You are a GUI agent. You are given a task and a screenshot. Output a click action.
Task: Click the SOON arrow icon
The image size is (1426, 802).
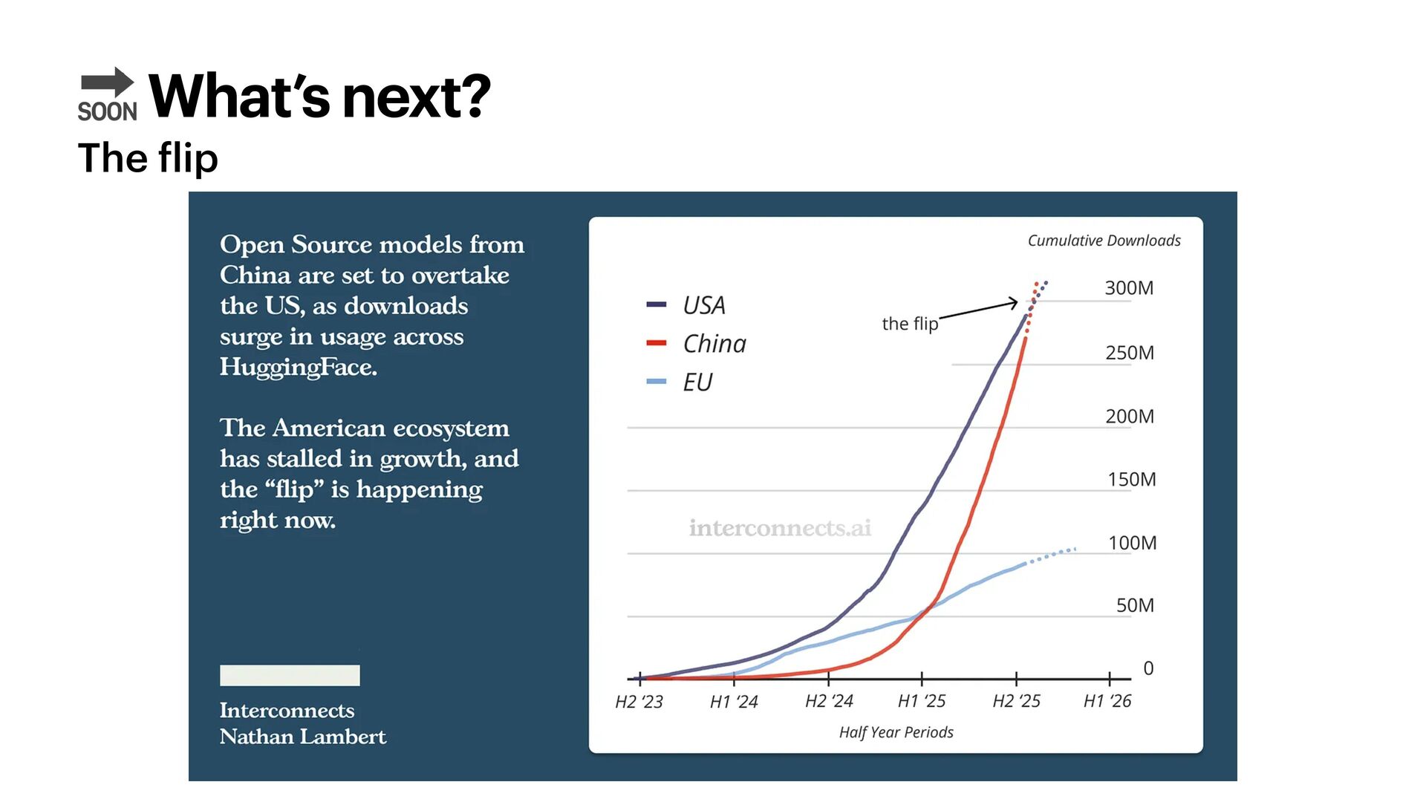(x=108, y=94)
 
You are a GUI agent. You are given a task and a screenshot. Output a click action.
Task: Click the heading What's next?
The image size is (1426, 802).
(x=319, y=97)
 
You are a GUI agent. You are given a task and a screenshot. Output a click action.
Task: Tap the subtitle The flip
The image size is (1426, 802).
(x=148, y=158)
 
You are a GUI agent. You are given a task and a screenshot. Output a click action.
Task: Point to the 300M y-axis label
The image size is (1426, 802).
(x=1128, y=288)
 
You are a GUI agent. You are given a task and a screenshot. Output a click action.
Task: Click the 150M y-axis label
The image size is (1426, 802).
(x=1131, y=480)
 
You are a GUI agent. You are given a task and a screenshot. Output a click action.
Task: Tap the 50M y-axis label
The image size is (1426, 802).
(x=1135, y=606)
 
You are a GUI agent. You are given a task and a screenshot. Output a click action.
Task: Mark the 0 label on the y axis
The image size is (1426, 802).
(x=1148, y=668)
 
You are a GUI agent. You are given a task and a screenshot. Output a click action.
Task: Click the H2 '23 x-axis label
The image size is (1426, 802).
(x=639, y=702)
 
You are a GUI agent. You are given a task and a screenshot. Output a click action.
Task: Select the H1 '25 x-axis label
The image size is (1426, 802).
(x=921, y=701)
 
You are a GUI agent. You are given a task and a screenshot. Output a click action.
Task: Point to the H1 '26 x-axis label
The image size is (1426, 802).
(x=1107, y=701)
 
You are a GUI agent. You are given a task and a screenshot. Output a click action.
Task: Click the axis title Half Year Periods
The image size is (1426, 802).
(x=896, y=733)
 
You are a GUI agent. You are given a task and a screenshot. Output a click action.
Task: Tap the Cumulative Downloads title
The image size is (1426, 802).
(x=1104, y=241)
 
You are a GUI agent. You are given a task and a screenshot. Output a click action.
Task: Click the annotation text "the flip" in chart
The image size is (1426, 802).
(x=910, y=324)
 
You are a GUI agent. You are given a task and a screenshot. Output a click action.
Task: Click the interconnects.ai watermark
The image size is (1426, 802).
(x=780, y=528)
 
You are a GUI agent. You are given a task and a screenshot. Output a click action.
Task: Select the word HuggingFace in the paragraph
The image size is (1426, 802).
(x=298, y=367)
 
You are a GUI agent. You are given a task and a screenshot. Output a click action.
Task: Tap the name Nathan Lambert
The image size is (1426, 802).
(x=302, y=737)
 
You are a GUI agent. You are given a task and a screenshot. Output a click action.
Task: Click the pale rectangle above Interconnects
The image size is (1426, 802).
(x=290, y=675)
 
